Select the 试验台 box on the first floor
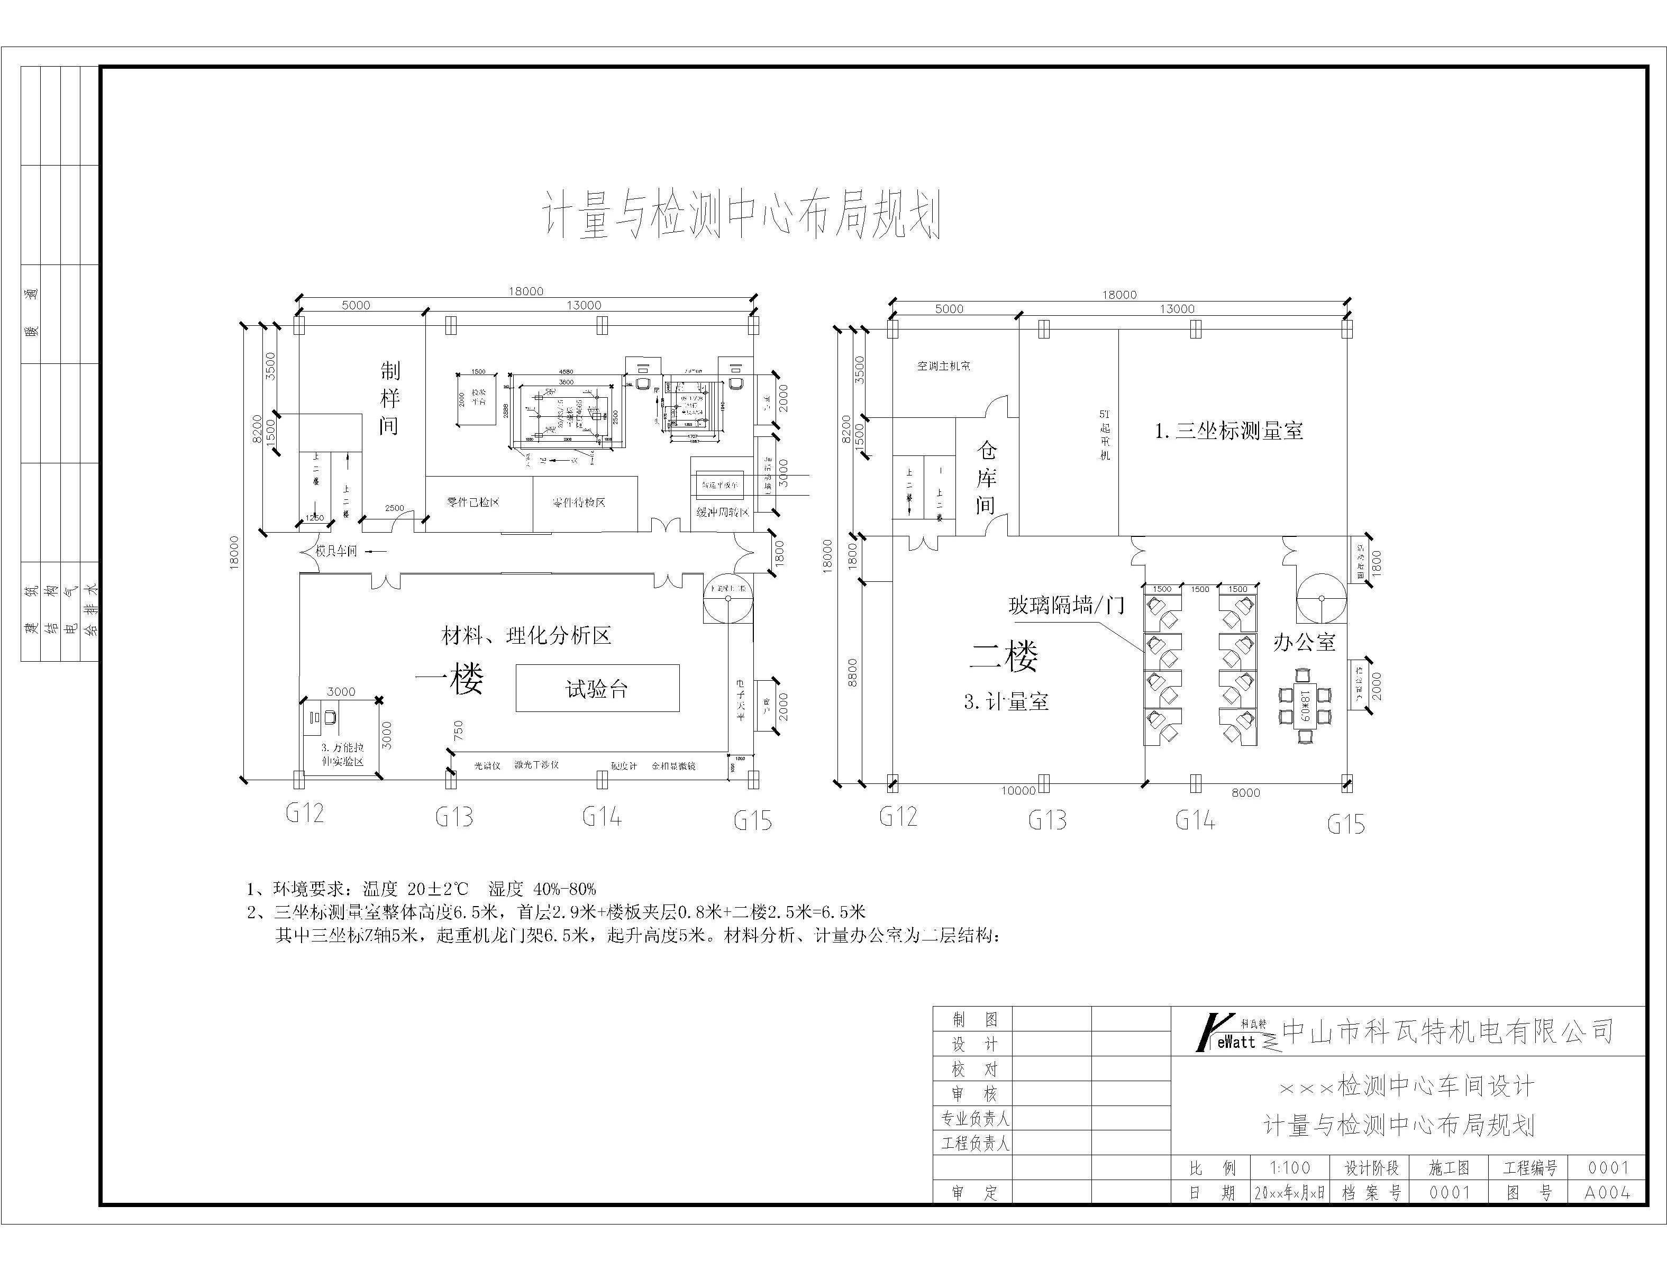click(597, 688)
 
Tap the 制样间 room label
click(389, 398)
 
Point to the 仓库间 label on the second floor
click(986, 478)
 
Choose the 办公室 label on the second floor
click(1304, 643)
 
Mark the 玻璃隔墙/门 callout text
click(1066, 605)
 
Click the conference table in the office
click(1305, 705)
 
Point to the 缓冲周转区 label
click(722, 512)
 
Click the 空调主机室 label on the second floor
click(943, 366)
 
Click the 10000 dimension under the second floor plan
click(1017, 791)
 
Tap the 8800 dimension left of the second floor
click(853, 673)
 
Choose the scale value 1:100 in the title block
click(1290, 1168)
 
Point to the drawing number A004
click(1607, 1193)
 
